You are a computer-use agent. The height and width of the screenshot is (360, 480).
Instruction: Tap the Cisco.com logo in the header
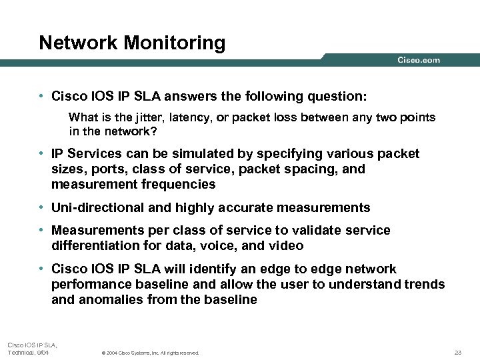click(x=419, y=60)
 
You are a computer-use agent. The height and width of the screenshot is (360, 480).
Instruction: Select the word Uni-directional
click(x=98, y=207)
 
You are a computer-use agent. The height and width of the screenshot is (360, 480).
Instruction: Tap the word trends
click(x=425, y=284)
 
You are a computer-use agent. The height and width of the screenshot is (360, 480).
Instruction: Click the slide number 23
click(x=457, y=352)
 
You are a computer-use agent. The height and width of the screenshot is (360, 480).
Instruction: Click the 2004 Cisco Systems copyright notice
click(x=149, y=353)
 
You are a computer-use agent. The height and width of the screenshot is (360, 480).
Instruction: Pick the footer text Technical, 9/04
click(x=28, y=351)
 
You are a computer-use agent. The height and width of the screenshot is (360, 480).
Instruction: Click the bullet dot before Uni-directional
click(x=41, y=207)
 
